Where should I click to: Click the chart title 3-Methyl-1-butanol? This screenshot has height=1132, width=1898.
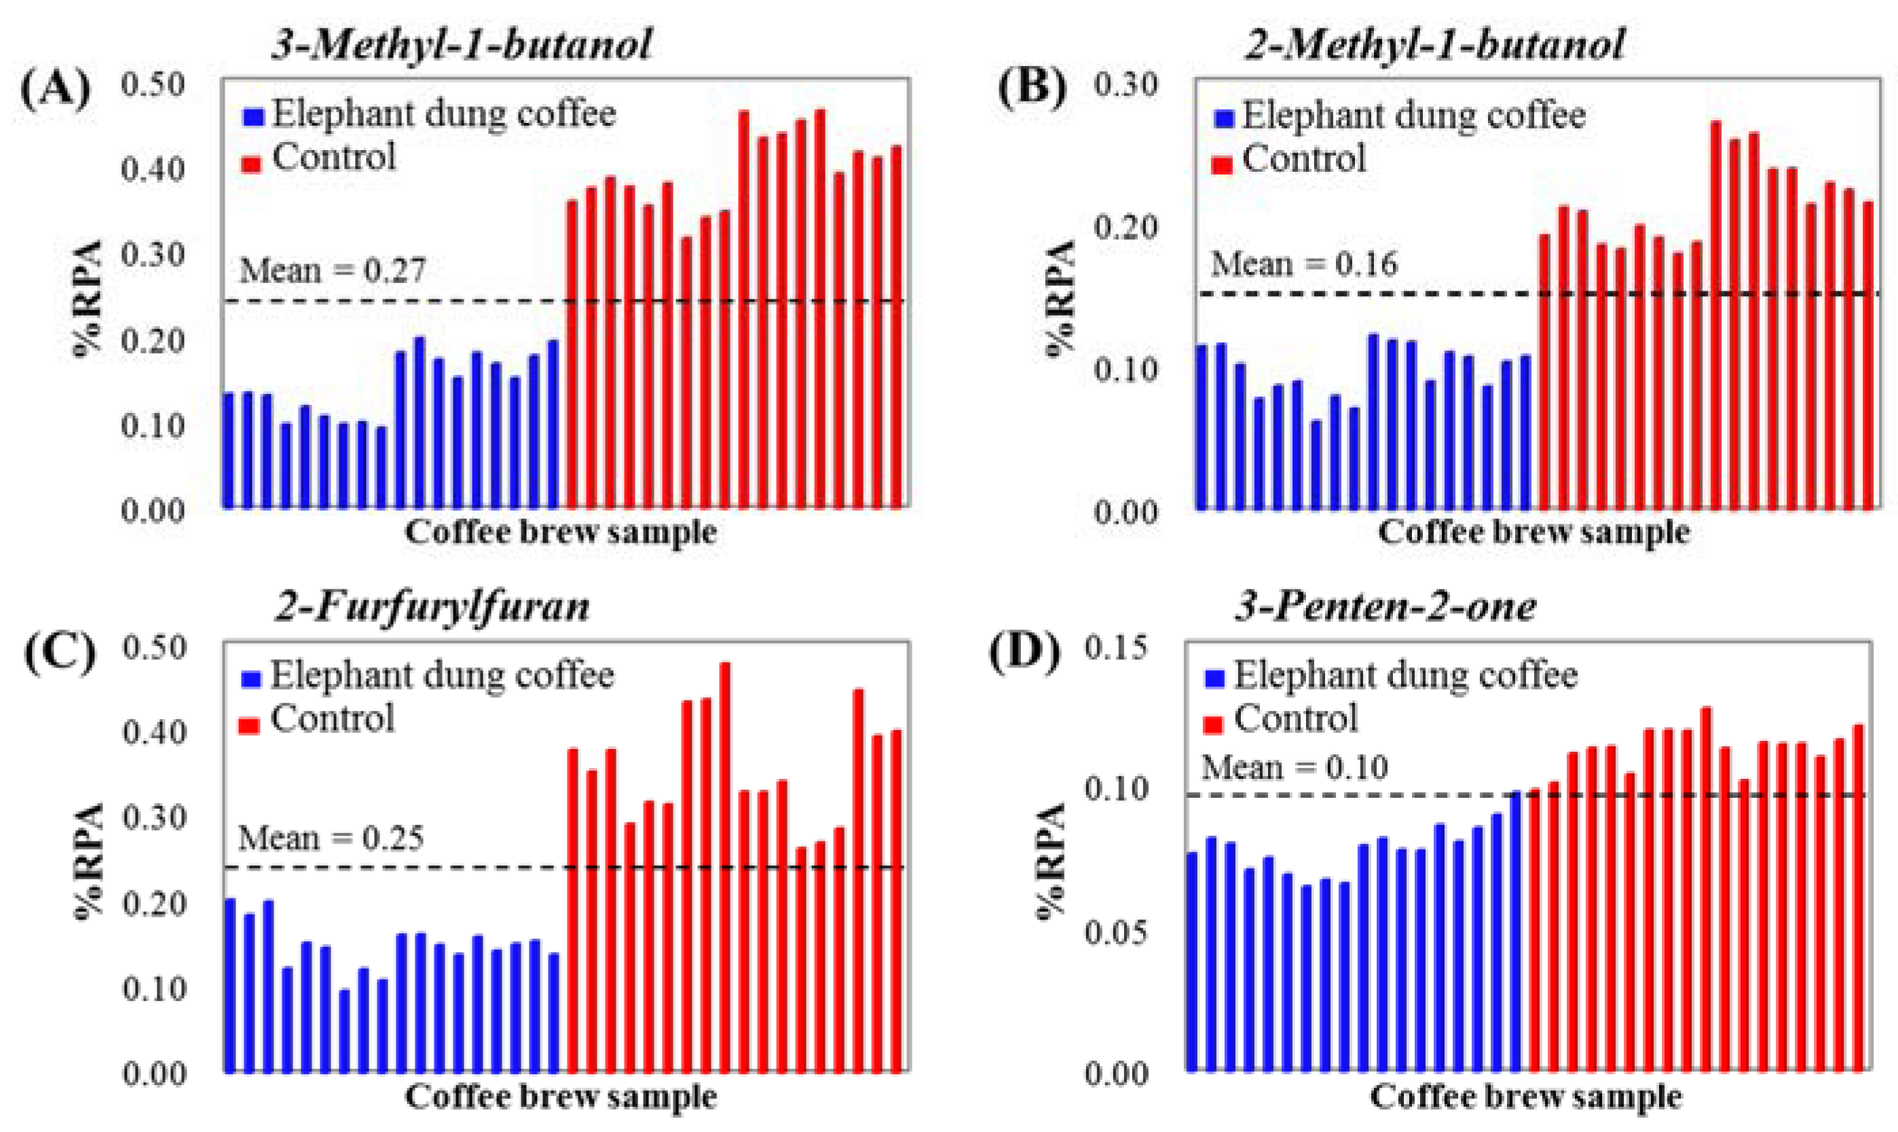(462, 44)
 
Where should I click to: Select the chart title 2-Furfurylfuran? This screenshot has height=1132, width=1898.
(432, 607)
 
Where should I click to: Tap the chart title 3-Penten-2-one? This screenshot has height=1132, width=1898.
(1385, 607)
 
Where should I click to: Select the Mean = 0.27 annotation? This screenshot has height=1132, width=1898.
(333, 271)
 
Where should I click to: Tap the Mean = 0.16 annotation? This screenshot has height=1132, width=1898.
(1304, 265)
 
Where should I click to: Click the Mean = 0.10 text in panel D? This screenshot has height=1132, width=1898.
(1295, 767)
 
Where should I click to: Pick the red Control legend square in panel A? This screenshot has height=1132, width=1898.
(252, 162)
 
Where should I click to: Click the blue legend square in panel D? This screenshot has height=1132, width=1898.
(1214, 678)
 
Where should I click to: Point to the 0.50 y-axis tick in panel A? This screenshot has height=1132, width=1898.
(153, 84)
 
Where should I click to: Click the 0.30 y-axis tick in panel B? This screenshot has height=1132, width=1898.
(1125, 84)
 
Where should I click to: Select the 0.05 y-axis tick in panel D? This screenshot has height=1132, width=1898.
(1115, 932)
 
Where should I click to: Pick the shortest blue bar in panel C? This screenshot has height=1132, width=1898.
(345, 1029)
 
